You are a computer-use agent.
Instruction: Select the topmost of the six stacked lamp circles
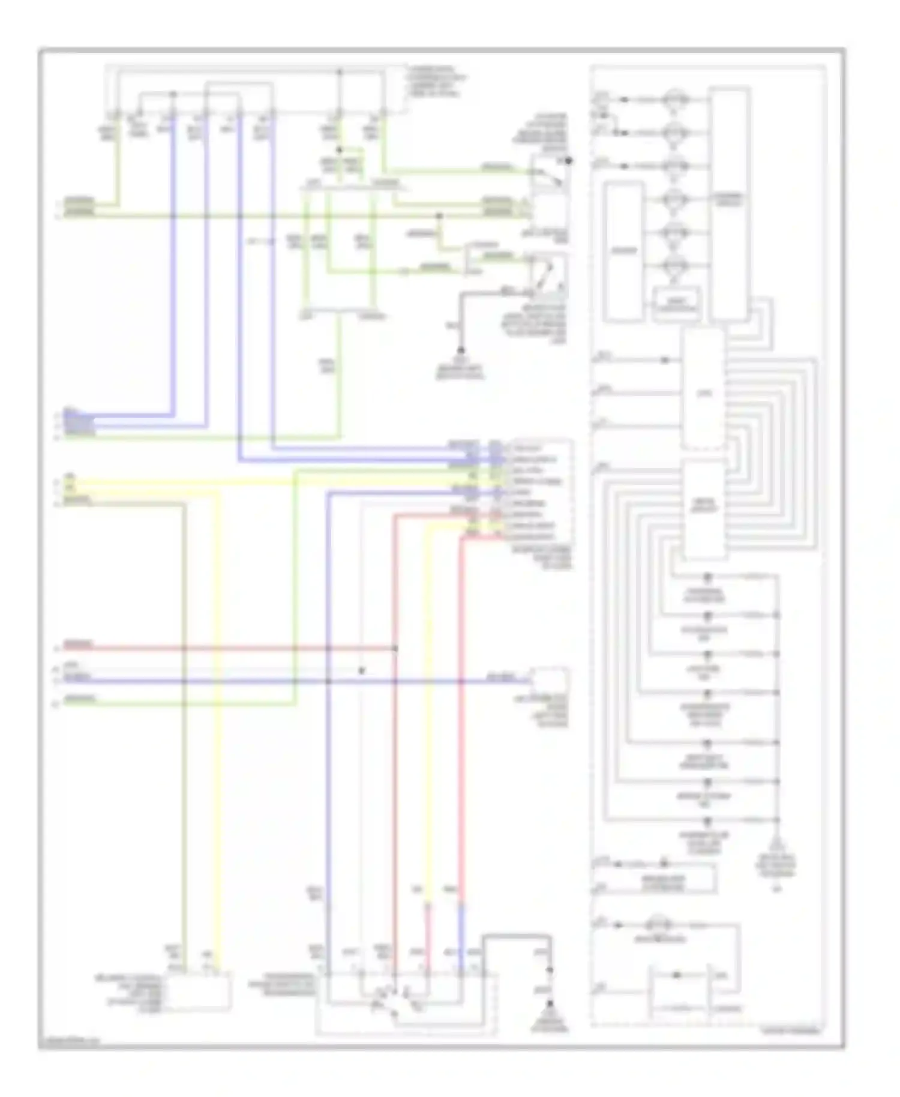pos(676,100)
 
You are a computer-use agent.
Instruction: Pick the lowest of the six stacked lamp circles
pos(676,267)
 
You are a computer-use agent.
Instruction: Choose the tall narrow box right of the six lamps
pos(728,204)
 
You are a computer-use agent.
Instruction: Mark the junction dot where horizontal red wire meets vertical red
pos(395,649)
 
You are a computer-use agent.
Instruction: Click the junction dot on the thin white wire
pos(361,670)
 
